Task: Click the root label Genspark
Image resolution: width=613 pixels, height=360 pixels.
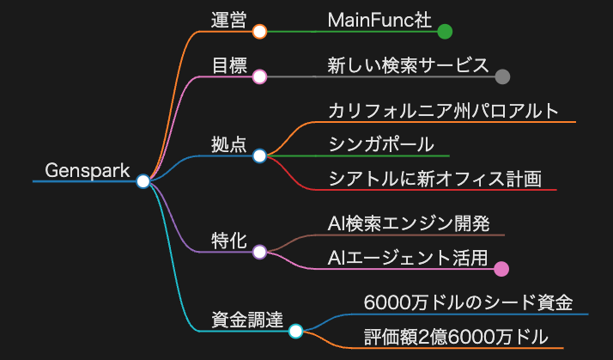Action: [x=88, y=171]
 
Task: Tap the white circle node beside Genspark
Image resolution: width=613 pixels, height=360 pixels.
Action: [x=143, y=181]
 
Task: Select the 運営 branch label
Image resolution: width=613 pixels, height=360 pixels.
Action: [x=228, y=21]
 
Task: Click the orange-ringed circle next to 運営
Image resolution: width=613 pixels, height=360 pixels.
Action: [x=259, y=31]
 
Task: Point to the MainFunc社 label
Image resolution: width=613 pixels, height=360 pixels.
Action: [x=379, y=21]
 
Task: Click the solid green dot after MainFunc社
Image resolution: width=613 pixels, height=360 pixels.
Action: [x=445, y=32]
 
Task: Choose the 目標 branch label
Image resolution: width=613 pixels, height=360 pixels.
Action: [x=229, y=66]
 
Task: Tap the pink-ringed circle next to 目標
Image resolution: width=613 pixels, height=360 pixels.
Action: [x=259, y=76]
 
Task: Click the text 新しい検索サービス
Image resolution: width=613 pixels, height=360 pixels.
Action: [x=408, y=65]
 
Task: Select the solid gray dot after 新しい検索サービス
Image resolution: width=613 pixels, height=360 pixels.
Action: [x=502, y=76]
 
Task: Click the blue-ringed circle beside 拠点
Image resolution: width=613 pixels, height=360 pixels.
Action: [x=259, y=156]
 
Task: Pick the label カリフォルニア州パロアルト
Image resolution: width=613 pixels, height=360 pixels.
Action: [x=443, y=111]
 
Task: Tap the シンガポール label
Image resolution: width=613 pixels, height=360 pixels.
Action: [x=381, y=145]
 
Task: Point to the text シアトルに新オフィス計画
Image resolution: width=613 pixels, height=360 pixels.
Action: [x=435, y=179]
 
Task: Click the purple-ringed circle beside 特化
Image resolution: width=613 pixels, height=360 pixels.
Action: [x=259, y=252]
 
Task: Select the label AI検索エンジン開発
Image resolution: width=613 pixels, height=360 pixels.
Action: [x=409, y=224]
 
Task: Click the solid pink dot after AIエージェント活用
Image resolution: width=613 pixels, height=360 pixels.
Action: [x=501, y=269]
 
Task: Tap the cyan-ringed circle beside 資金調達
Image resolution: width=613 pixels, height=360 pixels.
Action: [x=296, y=331]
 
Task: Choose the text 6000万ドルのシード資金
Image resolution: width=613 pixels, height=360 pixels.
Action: [x=469, y=303]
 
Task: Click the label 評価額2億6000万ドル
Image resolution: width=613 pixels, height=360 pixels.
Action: [x=456, y=337]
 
